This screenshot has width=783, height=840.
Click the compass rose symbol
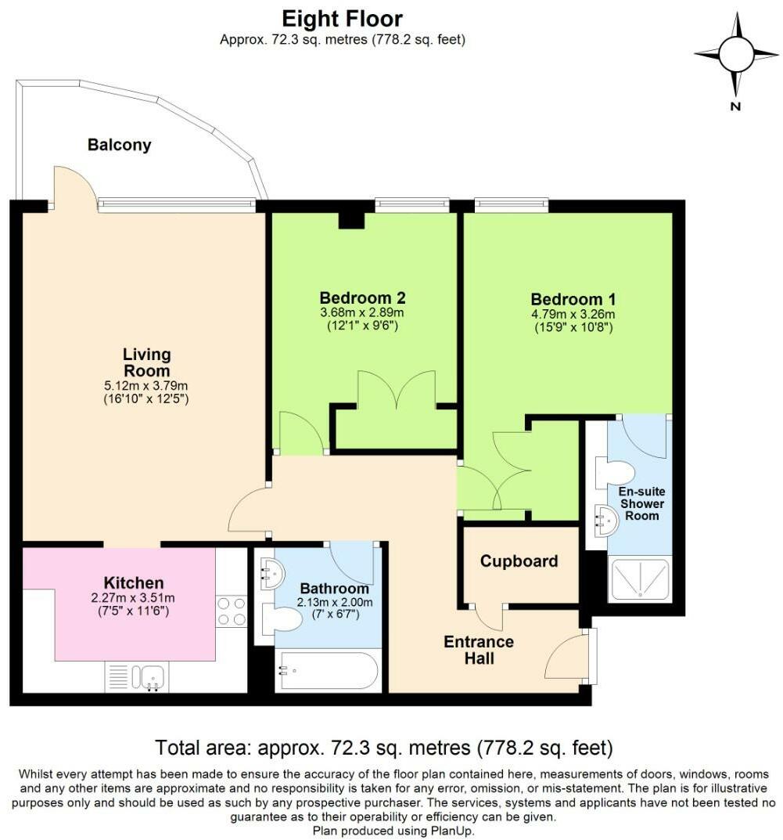click(736, 55)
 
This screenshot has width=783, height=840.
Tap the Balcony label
click(120, 145)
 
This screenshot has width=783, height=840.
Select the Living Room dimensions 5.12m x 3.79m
click(146, 386)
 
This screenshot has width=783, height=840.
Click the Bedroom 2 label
click(362, 297)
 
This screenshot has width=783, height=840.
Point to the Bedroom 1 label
click(573, 299)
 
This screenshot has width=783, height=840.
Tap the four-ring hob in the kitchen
click(232, 611)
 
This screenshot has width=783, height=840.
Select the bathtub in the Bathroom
click(328, 670)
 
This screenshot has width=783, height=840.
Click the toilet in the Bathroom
click(282, 620)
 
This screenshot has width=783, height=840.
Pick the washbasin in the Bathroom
click(272, 574)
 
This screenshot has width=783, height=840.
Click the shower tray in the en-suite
click(640, 579)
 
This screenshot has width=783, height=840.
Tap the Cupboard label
click(519, 561)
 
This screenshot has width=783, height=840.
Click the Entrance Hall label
click(479, 650)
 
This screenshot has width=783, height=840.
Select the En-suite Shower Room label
click(642, 503)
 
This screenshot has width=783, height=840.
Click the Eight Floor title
click(342, 20)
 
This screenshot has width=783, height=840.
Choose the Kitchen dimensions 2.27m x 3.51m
click(133, 598)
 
